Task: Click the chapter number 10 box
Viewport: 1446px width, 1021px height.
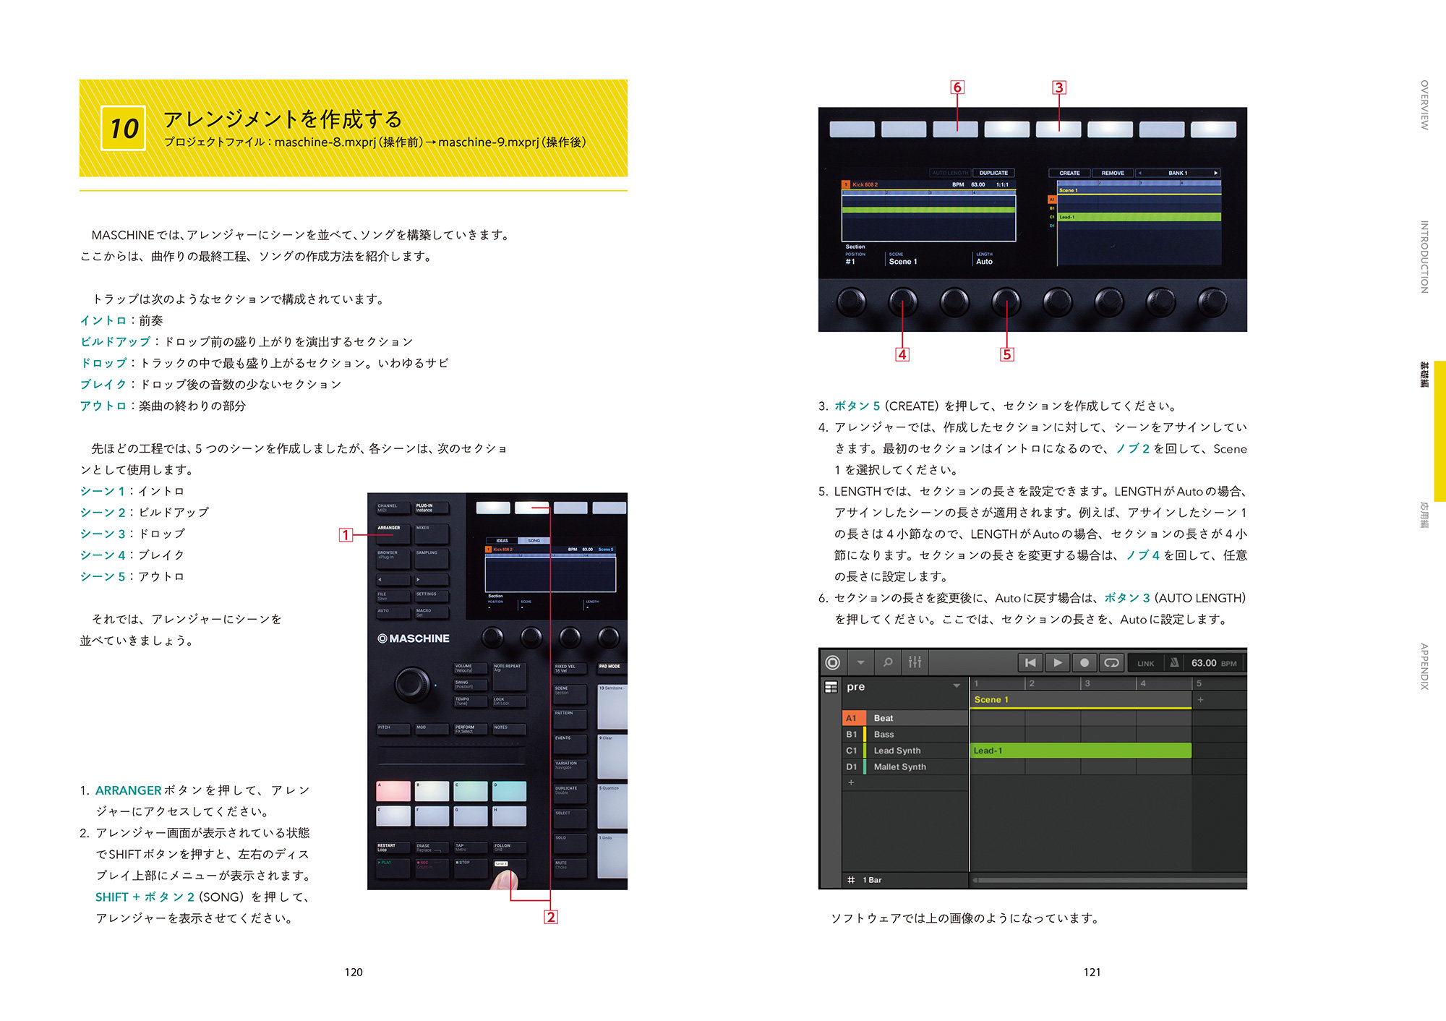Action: pyautogui.click(x=123, y=128)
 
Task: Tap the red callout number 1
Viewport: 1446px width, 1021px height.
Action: pyautogui.click(x=346, y=535)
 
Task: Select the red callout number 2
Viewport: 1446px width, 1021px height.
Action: pyautogui.click(x=551, y=917)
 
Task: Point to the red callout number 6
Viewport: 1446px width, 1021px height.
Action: pyautogui.click(x=957, y=87)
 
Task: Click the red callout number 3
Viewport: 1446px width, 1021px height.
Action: pyautogui.click(x=1059, y=87)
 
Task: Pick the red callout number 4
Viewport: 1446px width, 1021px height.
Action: pyautogui.click(x=902, y=354)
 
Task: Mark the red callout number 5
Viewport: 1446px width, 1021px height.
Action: pyautogui.click(x=1007, y=354)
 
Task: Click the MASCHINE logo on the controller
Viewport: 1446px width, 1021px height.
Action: pyautogui.click(x=414, y=638)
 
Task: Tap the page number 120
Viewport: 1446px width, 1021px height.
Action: pyautogui.click(x=354, y=973)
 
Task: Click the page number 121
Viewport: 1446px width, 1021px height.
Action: pyautogui.click(x=1092, y=973)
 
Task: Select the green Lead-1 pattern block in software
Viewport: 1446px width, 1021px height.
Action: pyautogui.click(x=1080, y=751)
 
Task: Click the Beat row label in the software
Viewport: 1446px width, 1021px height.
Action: pyautogui.click(x=884, y=718)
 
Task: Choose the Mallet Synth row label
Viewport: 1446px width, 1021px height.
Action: pyautogui.click(x=899, y=766)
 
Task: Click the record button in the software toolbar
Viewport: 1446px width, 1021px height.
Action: pyautogui.click(x=1084, y=662)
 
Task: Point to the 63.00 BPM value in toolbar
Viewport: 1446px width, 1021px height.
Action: pyautogui.click(x=1204, y=663)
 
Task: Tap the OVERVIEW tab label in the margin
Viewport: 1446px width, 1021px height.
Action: pyautogui.click(x=1424, y=105)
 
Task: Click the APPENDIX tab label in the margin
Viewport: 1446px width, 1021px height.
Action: pyautogui.click(x=1424, y=666)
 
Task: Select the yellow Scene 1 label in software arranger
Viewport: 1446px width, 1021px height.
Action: pyautogui.click(x=991, y=699)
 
